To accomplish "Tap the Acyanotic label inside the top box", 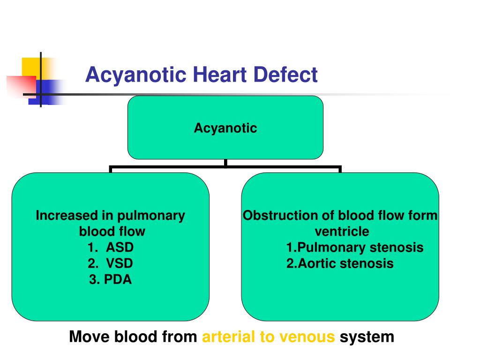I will coord(225,128).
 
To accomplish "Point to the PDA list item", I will coord(111,280).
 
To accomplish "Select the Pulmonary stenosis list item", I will coord(355,247).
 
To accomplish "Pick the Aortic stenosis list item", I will coord(340,263).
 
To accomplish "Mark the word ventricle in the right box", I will coord(342,232).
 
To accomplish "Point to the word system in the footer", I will coord(367,337).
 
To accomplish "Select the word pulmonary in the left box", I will coord(151,216).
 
